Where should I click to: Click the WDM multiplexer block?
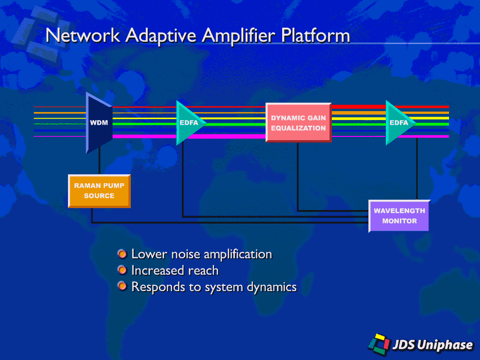(99, 123)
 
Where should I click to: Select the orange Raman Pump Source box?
(99, 191)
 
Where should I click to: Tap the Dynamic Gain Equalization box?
(299, 122)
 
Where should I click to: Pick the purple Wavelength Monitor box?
(399, 216)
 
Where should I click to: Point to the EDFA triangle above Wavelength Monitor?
(399, 123)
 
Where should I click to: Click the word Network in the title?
(82, 35)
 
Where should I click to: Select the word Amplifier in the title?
(239, 36)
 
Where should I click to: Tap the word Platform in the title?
(315, 35)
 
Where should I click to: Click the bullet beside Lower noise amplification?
(122, 254)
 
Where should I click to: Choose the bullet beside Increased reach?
(122, 270)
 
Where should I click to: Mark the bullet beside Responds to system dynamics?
(122, 286)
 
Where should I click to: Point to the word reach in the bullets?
(203, 270)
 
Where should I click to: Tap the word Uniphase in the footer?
(445, 345)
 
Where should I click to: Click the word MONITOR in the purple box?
(399, 221)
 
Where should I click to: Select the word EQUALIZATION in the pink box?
(299, 128)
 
